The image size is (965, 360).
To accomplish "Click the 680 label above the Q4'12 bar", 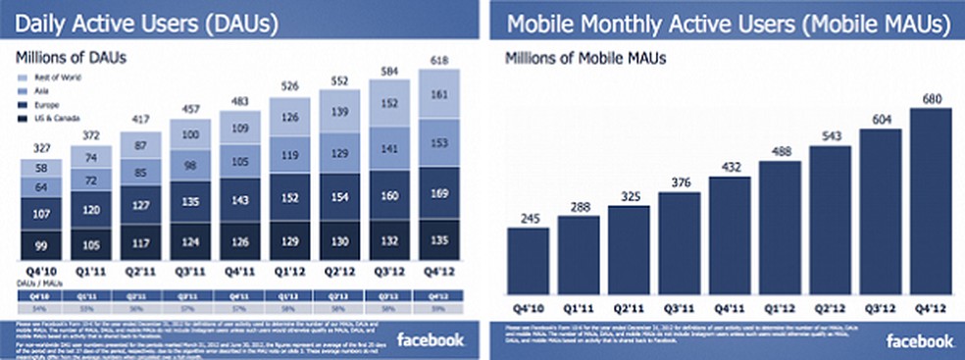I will (x=931, y=98).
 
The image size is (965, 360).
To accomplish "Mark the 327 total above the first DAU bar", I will (x=40, y=148).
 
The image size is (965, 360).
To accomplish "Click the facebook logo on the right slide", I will (x=920, y=340).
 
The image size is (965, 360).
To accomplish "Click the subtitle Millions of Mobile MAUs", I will (x=585, y=58).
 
